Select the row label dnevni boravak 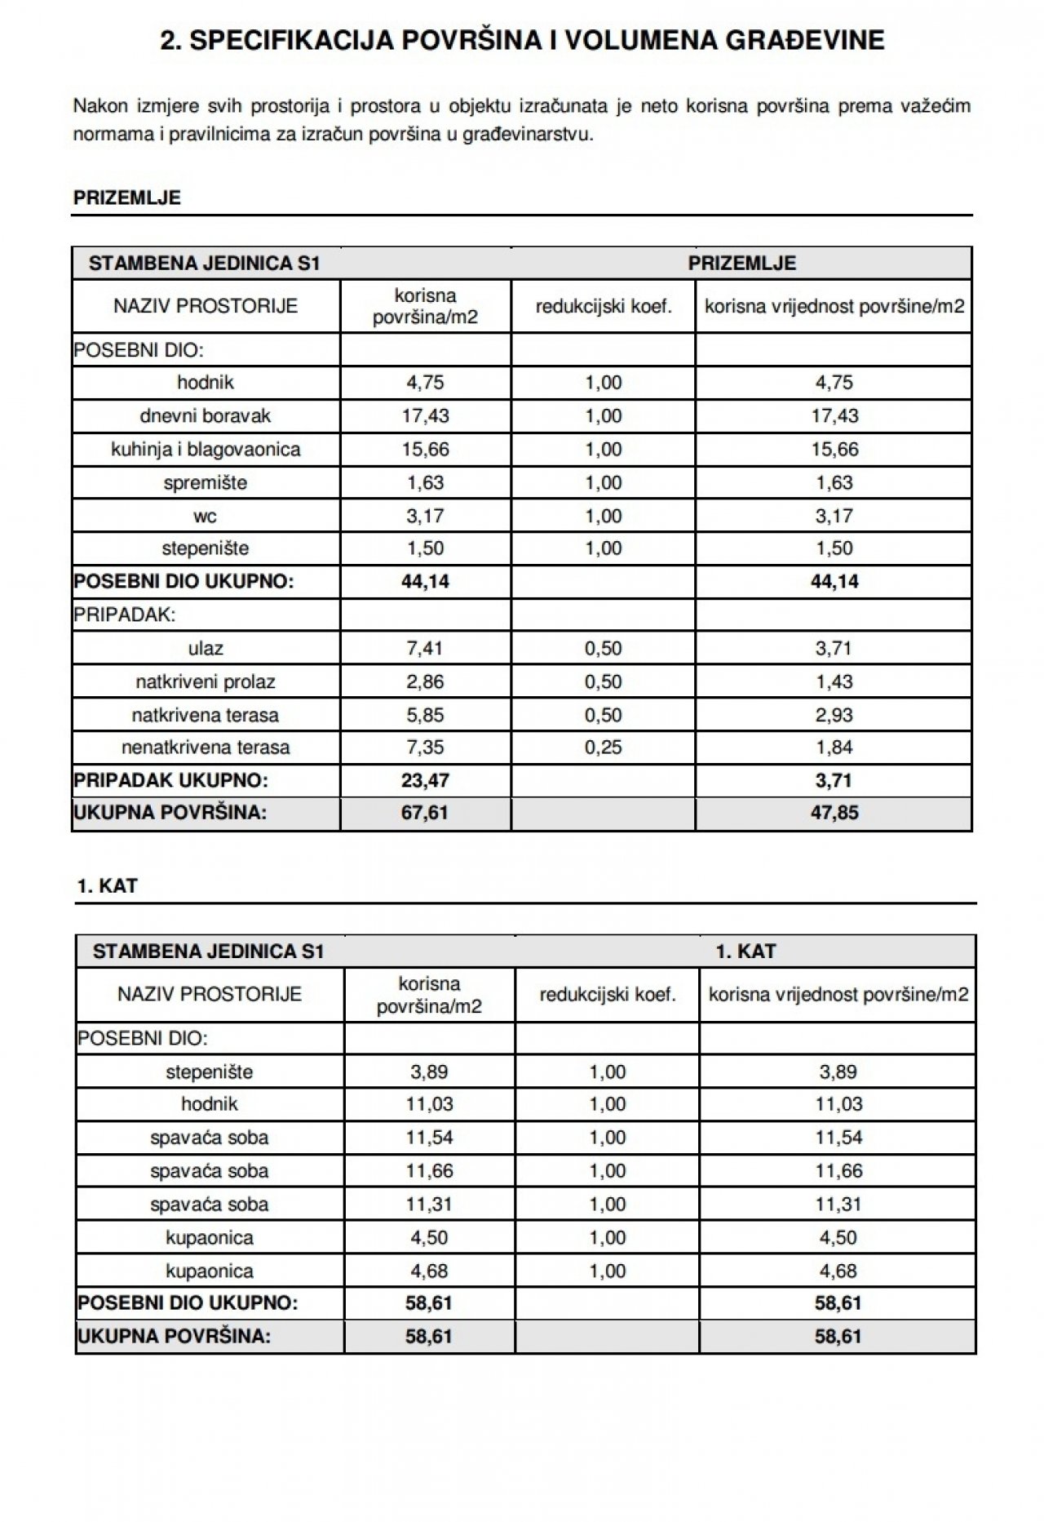point(205,416)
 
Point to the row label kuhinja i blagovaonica point(206,450)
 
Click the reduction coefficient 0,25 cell point(603,748)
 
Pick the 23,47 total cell point(425,781)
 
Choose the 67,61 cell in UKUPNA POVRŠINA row point(425,814)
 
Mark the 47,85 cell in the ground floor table point(834,814)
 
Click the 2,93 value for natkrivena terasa point(834,716)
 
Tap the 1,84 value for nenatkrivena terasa point(834,748)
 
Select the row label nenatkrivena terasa point(206,748)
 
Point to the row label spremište point(206,483)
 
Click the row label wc point(206,517)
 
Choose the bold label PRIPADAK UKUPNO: point(171,781)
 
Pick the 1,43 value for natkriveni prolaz point(834,682)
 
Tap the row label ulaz point(206,649)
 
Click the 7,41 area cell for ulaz point(425,649)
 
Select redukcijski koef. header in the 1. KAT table point(608,995)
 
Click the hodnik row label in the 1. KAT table point(210,1104)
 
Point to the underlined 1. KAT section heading point(107,886)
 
